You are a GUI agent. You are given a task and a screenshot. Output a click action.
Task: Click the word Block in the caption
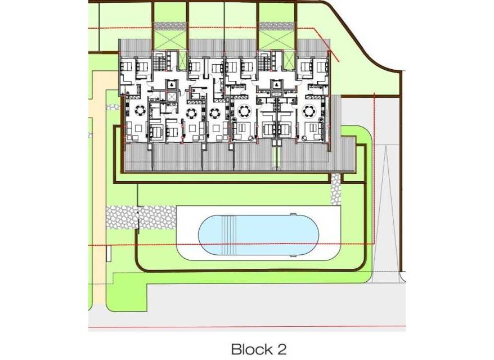251,349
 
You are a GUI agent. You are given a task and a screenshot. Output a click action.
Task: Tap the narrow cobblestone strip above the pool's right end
336,188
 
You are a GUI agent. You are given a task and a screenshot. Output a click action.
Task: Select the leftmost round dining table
140,111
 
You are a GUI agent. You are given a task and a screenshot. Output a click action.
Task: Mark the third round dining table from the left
214,112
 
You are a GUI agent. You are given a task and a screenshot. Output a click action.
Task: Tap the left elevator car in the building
170,85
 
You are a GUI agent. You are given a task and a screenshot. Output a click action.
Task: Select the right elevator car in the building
276,85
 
